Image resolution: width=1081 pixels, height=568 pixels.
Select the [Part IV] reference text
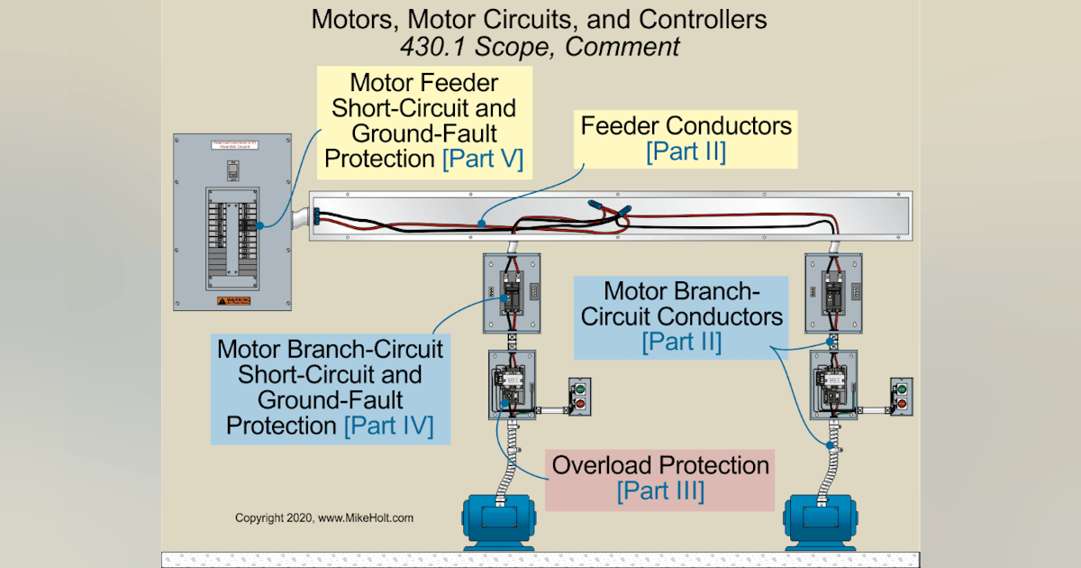tap(388, 425)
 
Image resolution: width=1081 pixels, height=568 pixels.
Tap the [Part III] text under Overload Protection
tap(660, 491)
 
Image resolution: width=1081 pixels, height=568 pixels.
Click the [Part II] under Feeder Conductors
tap(686, 151)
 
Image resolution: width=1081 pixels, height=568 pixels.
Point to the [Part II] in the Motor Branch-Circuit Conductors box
tap(682, 343)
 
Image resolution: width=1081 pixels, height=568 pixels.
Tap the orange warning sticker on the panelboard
tap(232, 300)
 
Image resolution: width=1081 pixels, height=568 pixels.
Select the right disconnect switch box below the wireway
tap(832, 293)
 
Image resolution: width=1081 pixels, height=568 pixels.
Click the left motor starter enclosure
tap(511, 384)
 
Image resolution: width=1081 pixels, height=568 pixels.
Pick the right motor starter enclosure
tap(832, 384)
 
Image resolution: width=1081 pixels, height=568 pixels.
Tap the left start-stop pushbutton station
tap(578, 398)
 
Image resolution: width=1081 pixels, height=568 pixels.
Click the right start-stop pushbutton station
tap(901, 398)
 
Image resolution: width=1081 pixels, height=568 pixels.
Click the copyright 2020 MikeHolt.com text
tap(324, 518)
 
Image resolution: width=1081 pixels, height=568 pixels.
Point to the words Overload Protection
tap(660, 465)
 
